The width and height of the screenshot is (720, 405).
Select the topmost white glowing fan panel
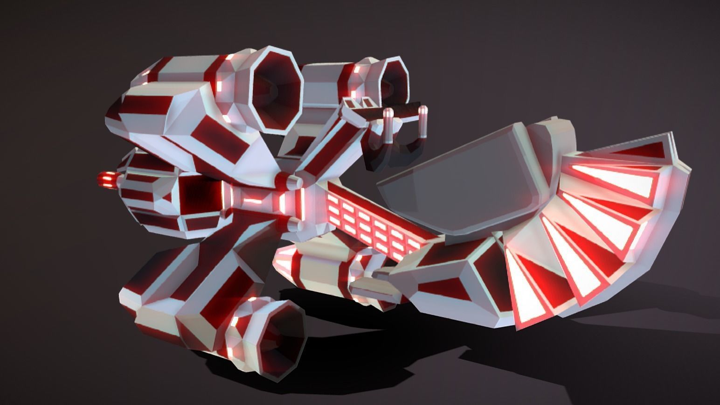611,180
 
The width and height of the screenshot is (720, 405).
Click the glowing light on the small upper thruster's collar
358,70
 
